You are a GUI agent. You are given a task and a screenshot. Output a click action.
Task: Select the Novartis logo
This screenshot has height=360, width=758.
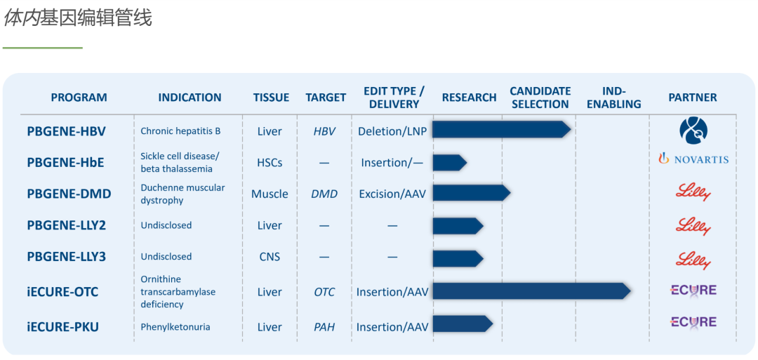click(693, 159)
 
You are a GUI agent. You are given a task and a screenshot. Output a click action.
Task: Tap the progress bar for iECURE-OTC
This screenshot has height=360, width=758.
click(532, 291)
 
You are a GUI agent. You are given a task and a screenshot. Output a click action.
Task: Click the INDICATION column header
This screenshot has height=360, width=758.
click(189, 97)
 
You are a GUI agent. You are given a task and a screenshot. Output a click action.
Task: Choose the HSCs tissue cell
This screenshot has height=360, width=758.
click(270, 163)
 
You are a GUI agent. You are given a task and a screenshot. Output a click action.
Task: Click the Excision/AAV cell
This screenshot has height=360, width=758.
click(393, 194)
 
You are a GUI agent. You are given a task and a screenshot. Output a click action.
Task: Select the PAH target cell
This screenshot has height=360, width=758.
click(324, 327)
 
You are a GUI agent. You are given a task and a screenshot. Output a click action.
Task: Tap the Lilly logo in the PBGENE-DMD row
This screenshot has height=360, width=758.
click(693, 193)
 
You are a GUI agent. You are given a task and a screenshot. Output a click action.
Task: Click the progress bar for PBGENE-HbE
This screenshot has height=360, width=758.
click(450, 162)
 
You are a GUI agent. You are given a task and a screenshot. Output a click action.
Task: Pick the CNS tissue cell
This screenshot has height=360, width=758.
click(270, 257)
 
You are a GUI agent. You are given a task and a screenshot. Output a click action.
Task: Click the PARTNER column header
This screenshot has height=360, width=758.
click(693, 97)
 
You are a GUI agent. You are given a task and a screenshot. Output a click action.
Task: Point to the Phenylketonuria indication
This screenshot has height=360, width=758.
click(175, 327)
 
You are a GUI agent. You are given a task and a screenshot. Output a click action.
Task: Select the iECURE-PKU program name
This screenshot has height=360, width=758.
click(63, 327)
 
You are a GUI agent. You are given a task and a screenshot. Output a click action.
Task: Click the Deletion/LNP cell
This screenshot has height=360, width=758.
click(392, 131)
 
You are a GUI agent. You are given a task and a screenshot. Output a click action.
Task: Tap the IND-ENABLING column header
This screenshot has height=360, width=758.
click(614, 98)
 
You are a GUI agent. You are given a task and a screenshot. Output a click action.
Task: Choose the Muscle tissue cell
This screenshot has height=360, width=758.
click(270, 194)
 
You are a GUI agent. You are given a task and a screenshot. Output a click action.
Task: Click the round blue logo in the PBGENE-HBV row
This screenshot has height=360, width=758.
click(693, 131)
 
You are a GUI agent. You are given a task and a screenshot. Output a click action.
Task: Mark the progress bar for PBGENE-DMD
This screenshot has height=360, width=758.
click(472, 193)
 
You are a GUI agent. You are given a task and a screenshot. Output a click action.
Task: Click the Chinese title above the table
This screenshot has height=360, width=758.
click(78, 18)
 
